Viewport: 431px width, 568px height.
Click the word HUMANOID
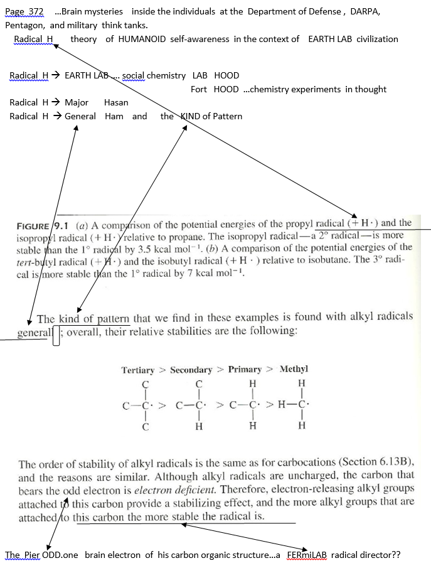tap(142, 39)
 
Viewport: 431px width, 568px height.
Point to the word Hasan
tap(116, 102)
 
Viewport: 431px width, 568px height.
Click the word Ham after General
tap(114, 116)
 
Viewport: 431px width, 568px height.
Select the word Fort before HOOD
tap(199, 89)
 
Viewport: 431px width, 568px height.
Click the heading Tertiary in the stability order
tap(137, 370)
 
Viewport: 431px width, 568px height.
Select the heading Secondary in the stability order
tap(191, 370)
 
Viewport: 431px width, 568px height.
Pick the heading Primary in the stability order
tap(245, 370)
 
